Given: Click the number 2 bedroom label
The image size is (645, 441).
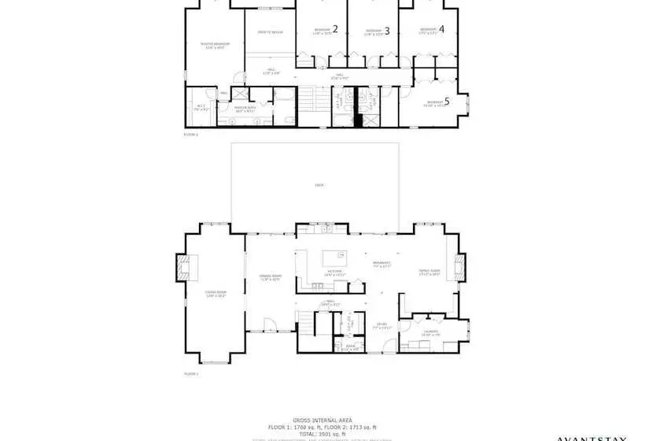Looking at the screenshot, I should click(335, 29).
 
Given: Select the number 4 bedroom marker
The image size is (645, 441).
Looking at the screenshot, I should click(441, 29).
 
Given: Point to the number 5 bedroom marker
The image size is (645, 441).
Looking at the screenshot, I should click(447, 101).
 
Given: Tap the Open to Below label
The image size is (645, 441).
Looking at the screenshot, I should click(270, 32).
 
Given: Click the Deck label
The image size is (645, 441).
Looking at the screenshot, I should click(319, 185).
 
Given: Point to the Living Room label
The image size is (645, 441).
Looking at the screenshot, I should click(215, 295).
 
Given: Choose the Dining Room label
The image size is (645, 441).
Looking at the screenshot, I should click(270, 276).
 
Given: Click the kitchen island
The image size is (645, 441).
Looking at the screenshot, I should click(335, 255).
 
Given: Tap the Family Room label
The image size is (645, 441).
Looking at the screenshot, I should click(429, 272).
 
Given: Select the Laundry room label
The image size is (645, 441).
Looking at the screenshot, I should click(430, 332).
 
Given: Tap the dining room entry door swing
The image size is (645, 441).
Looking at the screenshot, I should click(268, 324).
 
